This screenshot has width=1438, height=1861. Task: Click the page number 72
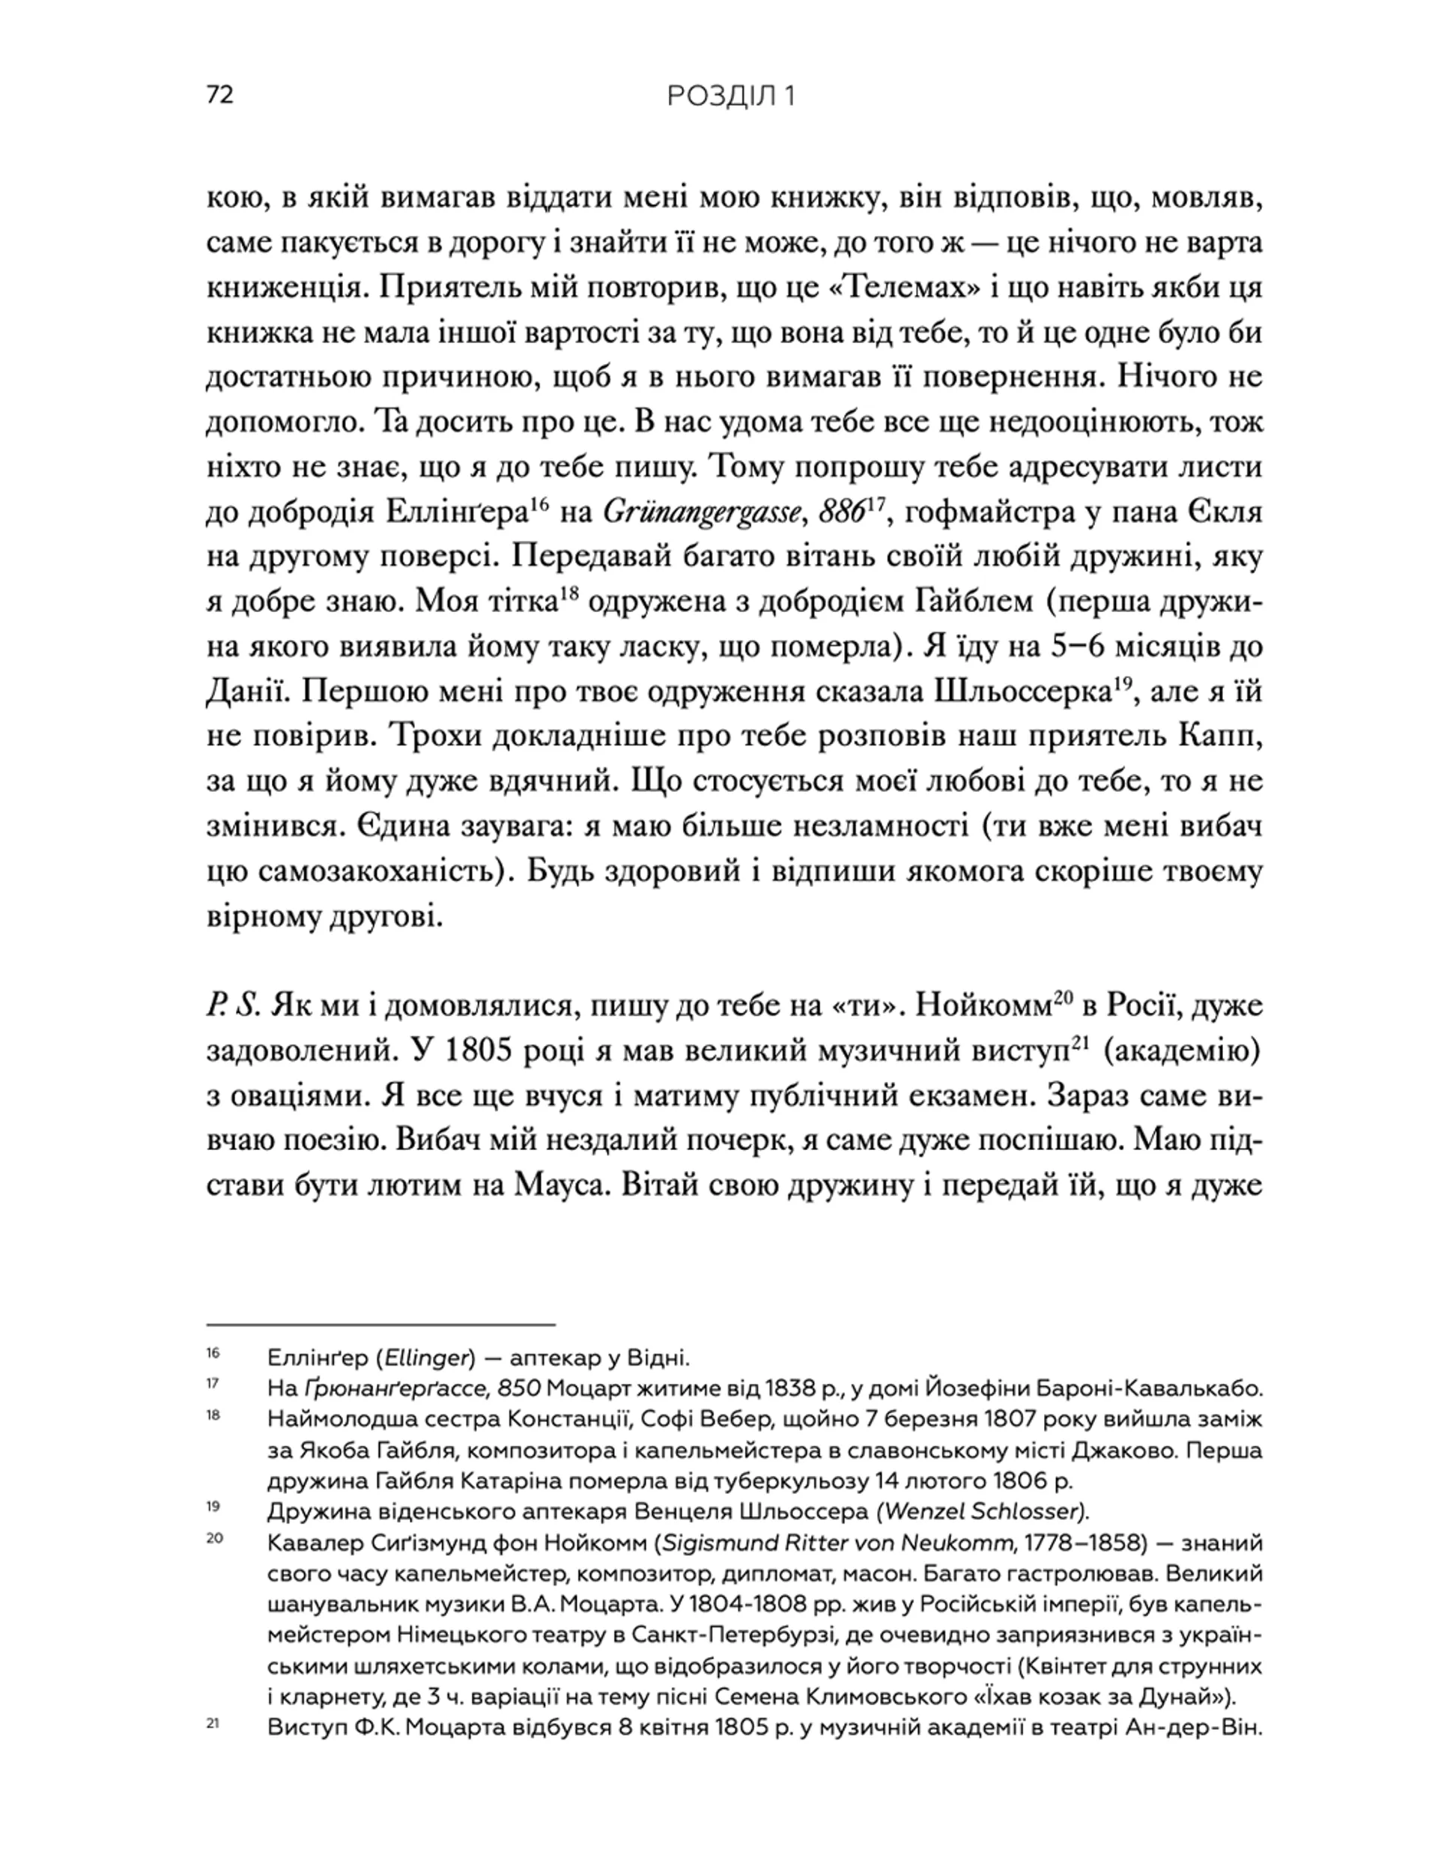pyautogui.click(x=219, y=95)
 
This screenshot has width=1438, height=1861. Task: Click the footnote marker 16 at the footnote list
pyautogui.click(x=213, y=1353)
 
